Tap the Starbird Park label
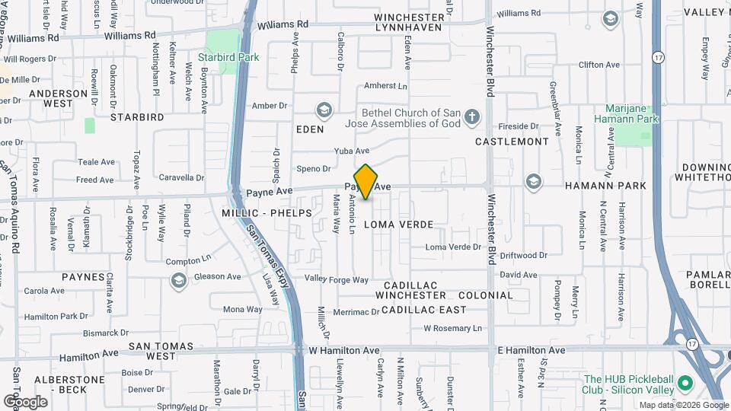pos(228,57)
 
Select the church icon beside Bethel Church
pos(472,117)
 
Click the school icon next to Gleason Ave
pos(178,281)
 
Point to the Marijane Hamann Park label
pos(631,114)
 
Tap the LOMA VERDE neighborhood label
pos(398,225)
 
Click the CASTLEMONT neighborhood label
pos(512,142)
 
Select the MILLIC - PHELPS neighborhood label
pos(267,213)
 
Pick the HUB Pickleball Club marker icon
pos(685,382)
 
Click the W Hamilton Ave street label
pos(344,350)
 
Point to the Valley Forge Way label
pos(337,280)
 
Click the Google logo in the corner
pos(24,401)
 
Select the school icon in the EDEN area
pos(324,111)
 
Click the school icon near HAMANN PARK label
pos(533,181)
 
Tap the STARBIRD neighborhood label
pos(137,117)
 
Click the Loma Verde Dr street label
pos(453,247)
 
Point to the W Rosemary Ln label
pos(453,329)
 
